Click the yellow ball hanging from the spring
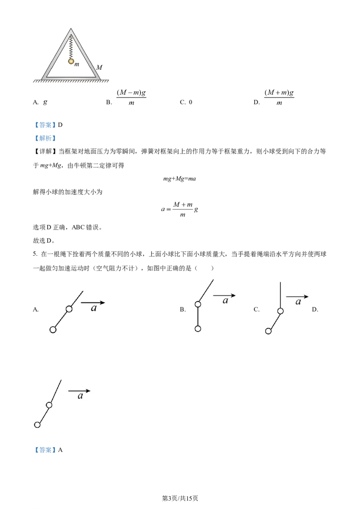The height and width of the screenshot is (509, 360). pyautogui.click(x=71, y=61)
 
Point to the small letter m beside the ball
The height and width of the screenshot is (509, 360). pyautogui.click(x=77, y=65)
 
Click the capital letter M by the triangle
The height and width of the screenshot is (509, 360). pyautogui.click(x=99, y=67)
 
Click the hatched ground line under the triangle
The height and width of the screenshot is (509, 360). pyautogui.click(x=71, y=82)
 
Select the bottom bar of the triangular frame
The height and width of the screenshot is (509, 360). pyautogui.click(x=71, y=77)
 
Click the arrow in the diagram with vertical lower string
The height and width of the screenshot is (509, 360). pyautogui.click(x=224, y=295)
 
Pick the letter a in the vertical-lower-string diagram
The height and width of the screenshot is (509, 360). pyautogui.click(x=225, y=301)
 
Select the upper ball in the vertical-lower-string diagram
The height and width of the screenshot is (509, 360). pyautogui.click(x=198, y=304)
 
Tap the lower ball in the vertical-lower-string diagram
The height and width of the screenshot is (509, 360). pyautogui.click(x=198, y=329)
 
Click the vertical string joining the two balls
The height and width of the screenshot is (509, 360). pyautogui.click(x=198, y=317)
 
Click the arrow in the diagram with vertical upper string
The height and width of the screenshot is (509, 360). pyautogui.click(x=297, y=297)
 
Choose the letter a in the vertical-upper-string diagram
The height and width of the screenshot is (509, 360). pyautogui.click(x=298, y=302)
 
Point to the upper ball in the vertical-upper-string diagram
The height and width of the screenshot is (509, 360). pyautogui.click(x=280, y=311)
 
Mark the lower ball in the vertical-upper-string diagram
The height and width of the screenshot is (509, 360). pyautogui.click(x=268, y=331)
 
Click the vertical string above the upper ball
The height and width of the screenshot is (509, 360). pyautogui.click(x=280, y=295)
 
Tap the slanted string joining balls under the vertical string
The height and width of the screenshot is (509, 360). pyautogui.click(x=274, y=321)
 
